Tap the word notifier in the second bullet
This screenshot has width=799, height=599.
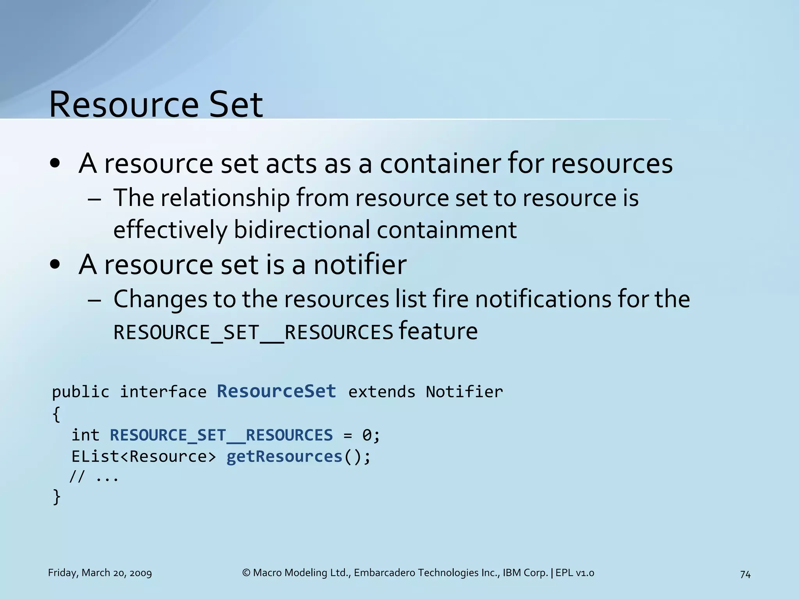point(360,264)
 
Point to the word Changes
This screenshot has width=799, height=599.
point(160,299)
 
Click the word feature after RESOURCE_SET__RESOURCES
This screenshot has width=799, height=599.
point(438,331)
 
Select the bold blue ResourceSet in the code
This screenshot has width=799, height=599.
point(276,391)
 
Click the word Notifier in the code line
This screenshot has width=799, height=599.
point(464,392)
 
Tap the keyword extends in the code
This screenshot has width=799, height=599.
point(382,392)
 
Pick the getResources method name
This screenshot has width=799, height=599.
point(284,456)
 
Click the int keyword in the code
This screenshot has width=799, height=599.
point(85,435)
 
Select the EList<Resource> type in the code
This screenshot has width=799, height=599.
point(143,456)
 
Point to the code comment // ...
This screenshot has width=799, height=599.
point(77,477)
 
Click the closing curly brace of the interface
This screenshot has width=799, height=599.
point(57,497)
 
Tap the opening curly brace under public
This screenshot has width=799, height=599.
point(57,414)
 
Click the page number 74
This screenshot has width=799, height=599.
point(745,574)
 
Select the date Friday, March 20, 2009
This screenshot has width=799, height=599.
point(100,573)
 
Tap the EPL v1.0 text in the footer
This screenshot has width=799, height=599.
point(575,573)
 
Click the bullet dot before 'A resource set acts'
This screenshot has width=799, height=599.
point(55,164)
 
